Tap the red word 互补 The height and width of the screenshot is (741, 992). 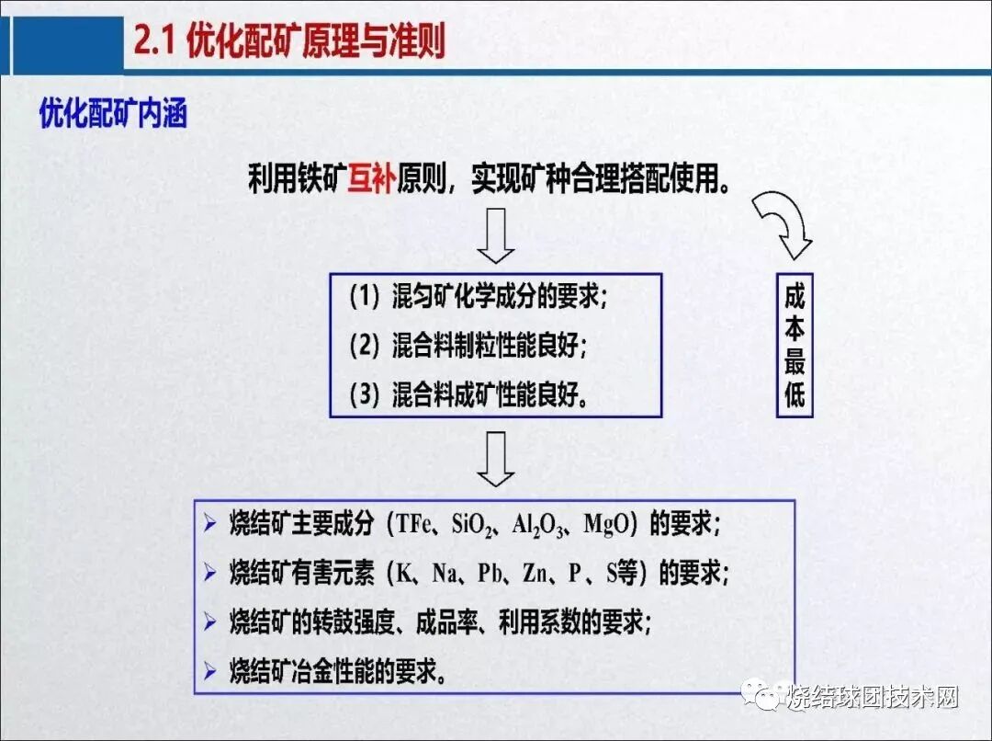(x=370, y=178)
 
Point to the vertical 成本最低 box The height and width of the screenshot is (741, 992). (x=795, y=345)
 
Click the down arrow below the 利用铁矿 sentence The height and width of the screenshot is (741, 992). (x=496, y=236)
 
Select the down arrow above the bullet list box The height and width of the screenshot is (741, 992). (x=496, y=460)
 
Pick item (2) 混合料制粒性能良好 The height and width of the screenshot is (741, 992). (x=468, y=346)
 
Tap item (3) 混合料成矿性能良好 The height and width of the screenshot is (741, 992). (x=468, y=395)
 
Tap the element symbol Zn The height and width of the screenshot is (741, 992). (x=535, y=574)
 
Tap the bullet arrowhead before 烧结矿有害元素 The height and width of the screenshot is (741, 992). (x=211, y=574)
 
